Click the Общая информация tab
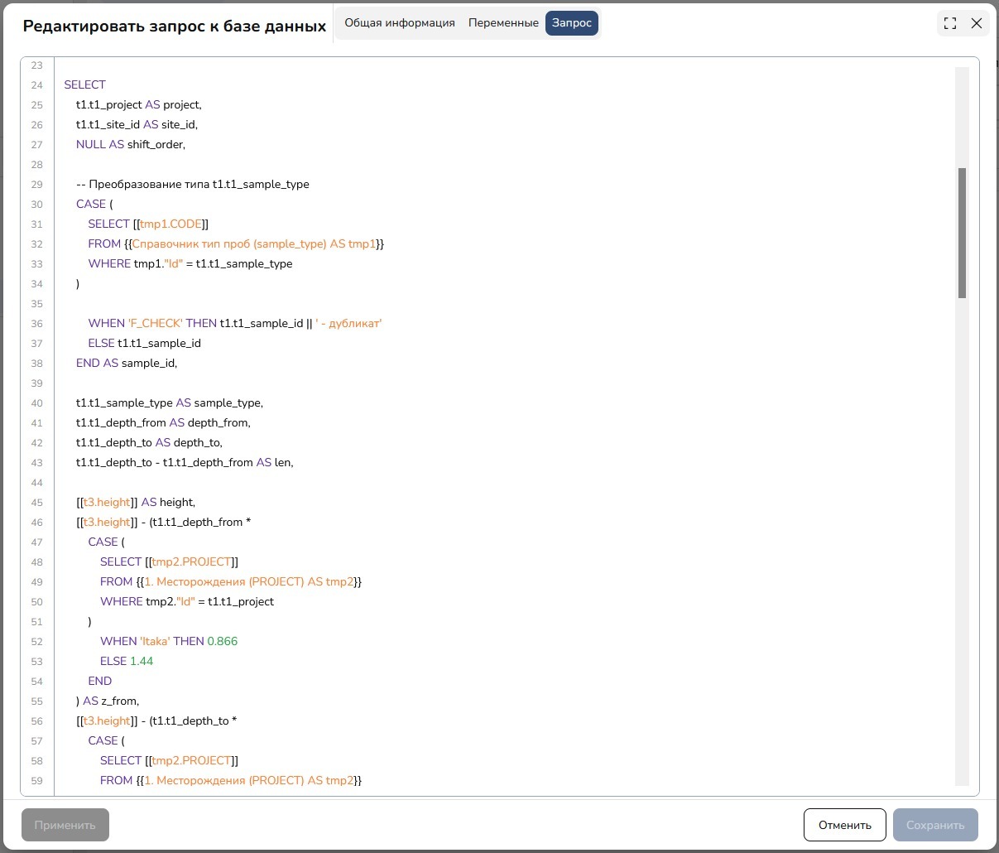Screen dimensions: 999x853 coord(399,22)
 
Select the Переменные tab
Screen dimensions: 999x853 coord(503,22)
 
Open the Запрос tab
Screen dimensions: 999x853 coord(572,22)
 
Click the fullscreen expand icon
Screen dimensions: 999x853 coord(949,23)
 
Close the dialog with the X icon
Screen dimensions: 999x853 coord(977,23)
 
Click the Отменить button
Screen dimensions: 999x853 coord(844,825)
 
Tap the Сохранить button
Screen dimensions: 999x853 coord(935,825)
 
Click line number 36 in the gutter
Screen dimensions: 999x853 coord(36,324)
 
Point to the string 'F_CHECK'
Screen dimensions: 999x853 coord(155,324)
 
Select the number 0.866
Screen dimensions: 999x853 coord(223,641)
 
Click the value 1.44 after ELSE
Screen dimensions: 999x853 coord(142,661)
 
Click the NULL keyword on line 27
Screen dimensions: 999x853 coord(91,145)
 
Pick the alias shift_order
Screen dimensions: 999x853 coord(156,145)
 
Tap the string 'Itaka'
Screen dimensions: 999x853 coord(155,641)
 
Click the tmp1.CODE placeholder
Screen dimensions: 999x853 coord(171,224)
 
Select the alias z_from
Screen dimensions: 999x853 coord(120,701)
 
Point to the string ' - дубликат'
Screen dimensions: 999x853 coord(348,324)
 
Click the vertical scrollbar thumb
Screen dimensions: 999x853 coord(962,233)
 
